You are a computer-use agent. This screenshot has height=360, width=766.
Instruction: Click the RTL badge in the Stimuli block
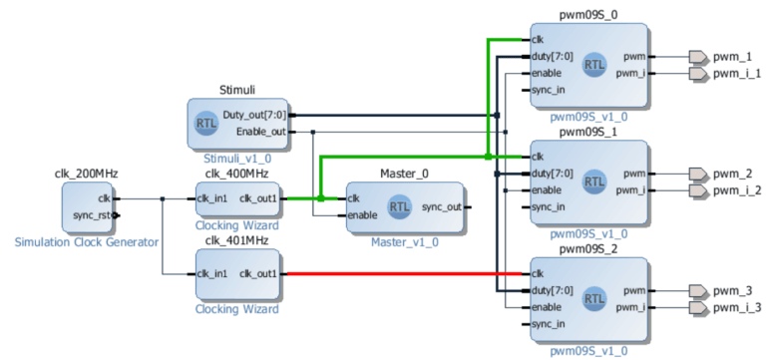point(207,124)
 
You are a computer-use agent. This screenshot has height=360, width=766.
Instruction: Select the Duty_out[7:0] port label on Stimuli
point(254,115)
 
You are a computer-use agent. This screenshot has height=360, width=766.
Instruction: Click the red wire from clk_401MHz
point(399,273)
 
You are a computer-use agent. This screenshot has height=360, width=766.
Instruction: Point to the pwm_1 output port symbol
point(698,57)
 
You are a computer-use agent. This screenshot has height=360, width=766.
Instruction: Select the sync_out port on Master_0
point(439,207)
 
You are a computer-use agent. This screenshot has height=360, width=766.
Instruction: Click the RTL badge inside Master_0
point(399,207)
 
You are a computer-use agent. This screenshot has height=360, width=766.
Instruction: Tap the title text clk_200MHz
point(86,174)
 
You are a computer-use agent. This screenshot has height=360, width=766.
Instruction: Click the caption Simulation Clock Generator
point(86,242)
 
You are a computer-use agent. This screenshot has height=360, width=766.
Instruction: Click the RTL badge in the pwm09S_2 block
point(593,297)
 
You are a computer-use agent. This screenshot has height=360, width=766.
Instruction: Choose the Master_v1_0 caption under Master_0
point(404,241)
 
